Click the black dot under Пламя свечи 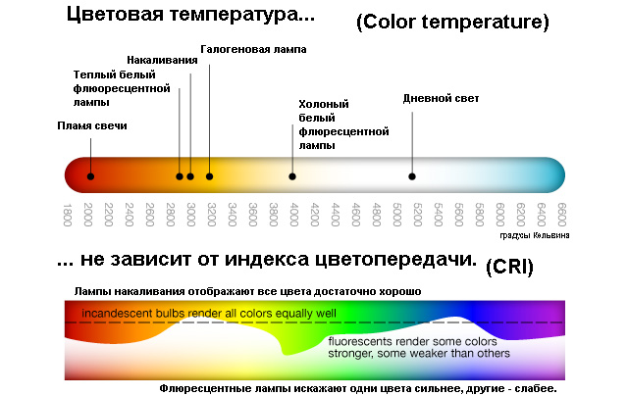(x=90, y=176)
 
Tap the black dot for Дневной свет (x=412, y=176)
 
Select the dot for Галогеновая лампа (x=209, y=176)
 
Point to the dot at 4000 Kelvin (x=292, y=176)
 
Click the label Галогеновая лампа (x=253, y=49)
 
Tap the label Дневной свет (x=441, y=98)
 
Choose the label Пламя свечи (x=92, y=125)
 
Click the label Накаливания (x=162, y=60)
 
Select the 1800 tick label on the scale (x=68, y=215)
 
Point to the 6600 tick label (x=562, y=215)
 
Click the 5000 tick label (x=396, y=215)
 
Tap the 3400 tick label (x=233, y=215)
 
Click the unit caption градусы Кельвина (x=535, y=235)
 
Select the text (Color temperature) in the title (x=452, y=22)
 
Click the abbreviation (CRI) (x=509, y=267)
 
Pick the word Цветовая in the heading (x=116, y=15)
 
